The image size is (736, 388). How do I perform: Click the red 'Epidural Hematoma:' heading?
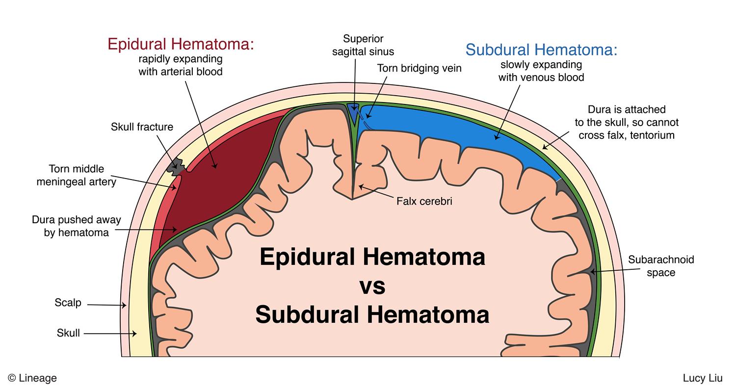click(x=181, y=44)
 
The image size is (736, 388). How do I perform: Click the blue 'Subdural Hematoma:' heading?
click(x=541, y=50)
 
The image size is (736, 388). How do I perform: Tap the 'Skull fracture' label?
click(x=142, y=127)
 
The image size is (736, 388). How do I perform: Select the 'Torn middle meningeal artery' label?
click(x=77, y=176)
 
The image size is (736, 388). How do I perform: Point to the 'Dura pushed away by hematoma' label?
click(x=76, y=226)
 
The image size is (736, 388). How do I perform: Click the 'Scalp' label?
click(x=68, y=303)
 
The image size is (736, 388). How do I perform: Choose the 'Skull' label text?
click(x=68, y=334)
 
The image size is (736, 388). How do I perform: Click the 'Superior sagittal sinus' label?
click(x=363, y=45)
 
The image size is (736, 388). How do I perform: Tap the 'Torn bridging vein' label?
click(x=419, y=69)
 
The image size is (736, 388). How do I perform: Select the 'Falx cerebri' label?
click(x=424, y=201)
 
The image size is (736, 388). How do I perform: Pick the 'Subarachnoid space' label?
click(x=660, y=266)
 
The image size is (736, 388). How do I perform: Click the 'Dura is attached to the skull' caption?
click(x=627, y=122)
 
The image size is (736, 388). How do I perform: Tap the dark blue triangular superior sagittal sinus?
click(x=353, y=108)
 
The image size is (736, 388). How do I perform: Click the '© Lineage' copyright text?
click(x=32, y=378)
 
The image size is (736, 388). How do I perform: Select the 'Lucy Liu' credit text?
click(x=702, y=378)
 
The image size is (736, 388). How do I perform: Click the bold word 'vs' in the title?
click(x=372, y=286)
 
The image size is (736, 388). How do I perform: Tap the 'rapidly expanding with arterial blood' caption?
click(x=181, y=65)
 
